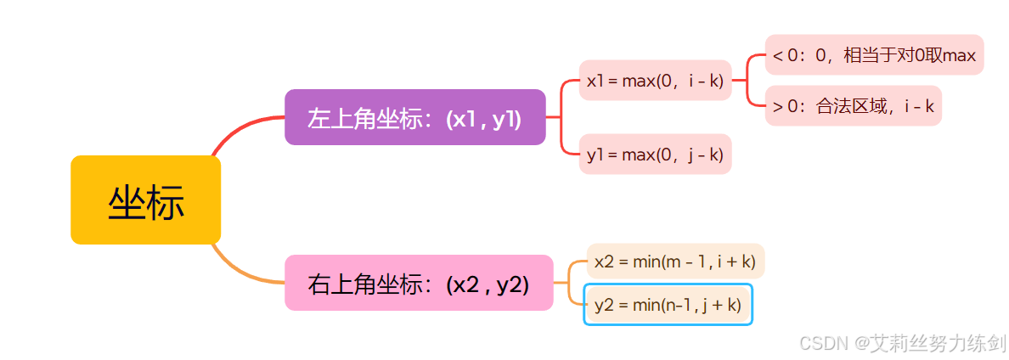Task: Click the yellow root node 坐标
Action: click(x=145, y=200)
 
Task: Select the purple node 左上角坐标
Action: click(x=414, y=117)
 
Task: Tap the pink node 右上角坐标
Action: click(x=418, y=283)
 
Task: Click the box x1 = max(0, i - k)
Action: click(x=655, y=81)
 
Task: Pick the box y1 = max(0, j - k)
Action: click(x=655, y=154)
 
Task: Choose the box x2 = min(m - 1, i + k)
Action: click(x=675, y=261)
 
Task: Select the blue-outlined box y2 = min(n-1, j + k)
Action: click(x=668, y=304)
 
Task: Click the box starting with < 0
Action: click(x=874, y=55)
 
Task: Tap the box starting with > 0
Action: click(x=853, y=105)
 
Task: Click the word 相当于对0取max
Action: click(x=909, y=55)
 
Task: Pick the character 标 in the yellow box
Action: click(x=165, y=202)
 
